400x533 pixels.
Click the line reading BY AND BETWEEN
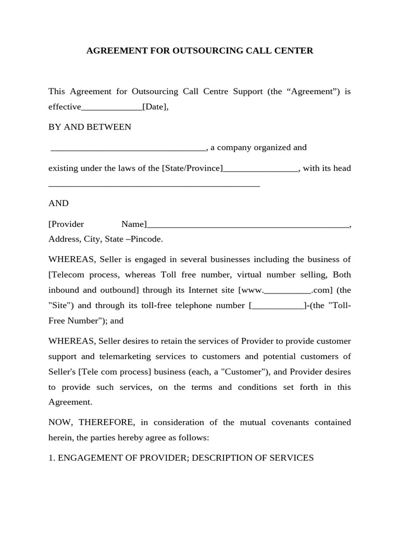pyautogui.click(x=90, y=127)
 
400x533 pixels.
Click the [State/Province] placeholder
pyautogui.click(x=192, y=168)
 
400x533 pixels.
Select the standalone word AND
pyautogui.click(x=58, y=203)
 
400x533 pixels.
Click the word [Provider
pyautogui.click(x=66, y=224)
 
